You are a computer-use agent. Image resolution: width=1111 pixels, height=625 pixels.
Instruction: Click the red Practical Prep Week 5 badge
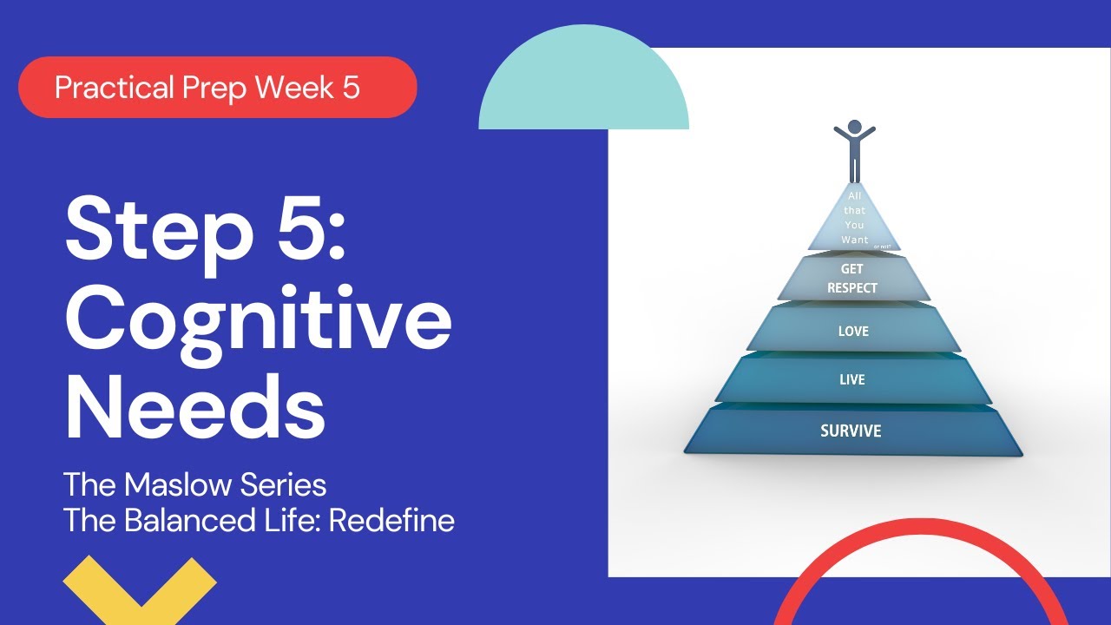click(x=217, y=87)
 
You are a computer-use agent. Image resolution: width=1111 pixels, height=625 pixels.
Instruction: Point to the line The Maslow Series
click(x=195, y=484)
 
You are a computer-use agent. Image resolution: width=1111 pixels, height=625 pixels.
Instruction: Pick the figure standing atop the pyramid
click(x=855, y=152)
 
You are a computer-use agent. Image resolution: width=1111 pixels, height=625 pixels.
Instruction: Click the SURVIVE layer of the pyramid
click(x=851, y=431)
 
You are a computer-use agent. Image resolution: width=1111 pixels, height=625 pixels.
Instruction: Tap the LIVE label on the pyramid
click(x=852, y=380)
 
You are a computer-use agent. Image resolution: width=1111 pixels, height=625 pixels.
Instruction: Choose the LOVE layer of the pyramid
click(x=852, y=332)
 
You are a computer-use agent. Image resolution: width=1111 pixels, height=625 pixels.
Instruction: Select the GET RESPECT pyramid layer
click(x=852, y=279)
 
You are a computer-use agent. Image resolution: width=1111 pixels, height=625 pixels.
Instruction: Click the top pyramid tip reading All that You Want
click(x=855, y=219)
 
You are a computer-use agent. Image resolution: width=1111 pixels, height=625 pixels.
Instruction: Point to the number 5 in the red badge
click(x=351, y=88)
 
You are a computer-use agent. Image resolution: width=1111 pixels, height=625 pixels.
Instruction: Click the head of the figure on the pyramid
click(x=855, y=127)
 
